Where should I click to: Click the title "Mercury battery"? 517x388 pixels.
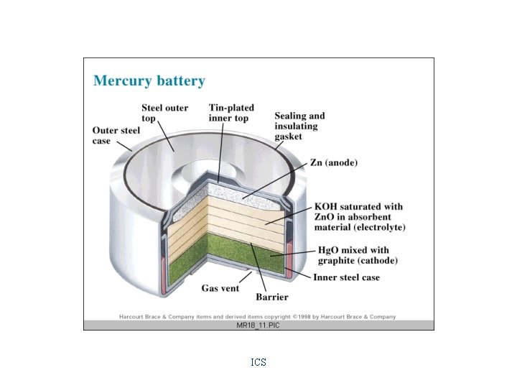click(149, 81)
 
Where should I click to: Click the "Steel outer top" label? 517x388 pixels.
click(164, 113)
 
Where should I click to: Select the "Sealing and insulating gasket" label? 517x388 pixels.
click(299, 126)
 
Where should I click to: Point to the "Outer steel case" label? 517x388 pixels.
click(116, 136)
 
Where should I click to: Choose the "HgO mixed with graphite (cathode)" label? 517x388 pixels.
click(357, 255)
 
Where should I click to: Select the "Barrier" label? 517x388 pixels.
click(272, 297)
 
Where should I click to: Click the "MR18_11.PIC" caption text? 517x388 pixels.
click(258, 325)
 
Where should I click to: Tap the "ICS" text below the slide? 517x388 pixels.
click(258, 363)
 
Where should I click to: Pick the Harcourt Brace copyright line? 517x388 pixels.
click(258, 316)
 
